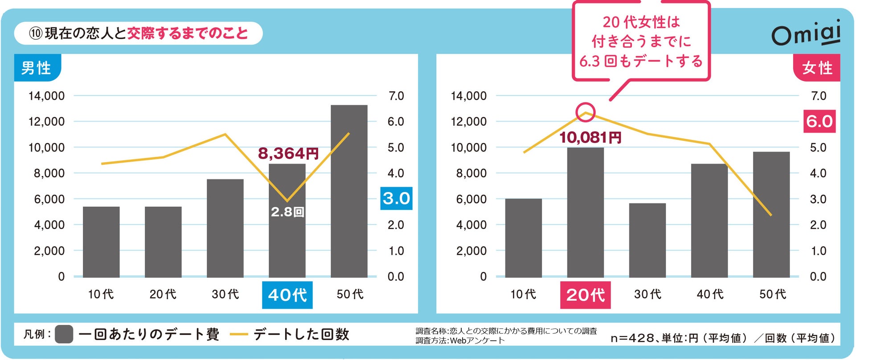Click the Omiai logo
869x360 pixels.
pyautogui.click(x=806, y=33)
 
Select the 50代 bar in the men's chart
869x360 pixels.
pyautogui.click(x=349, y=192)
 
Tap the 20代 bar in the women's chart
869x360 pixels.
pyautogui.click(x=585, y=213)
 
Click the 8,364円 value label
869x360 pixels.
pyautogui.click(x=288, y=154)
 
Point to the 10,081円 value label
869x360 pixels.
pyautogui.click(x=590, y=137)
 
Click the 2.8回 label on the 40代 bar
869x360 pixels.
pyautogui.click(x=287, y=212)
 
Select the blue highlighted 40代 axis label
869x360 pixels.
pyautogui.click(x=287, y=295)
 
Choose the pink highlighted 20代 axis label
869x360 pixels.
pyautogui.click(x=585, y=295)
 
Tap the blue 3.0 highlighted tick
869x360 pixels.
pyautogui.click(x=396, y=198)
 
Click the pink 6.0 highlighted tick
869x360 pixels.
pyautogui.click(x=819, y=121)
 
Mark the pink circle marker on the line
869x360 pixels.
pyautogui.click(x=585, y=112)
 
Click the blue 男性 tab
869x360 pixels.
pyautogui.click(x=37, y=68)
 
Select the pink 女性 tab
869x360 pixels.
pyautogui.click(x=817, y=68)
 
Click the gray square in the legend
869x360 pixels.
pyautogui.click(x=64, y=334)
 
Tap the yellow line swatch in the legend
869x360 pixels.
pyautogui.click(x=238, y=334)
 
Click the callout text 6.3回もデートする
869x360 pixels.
pyautogui.click(x=641, y=61)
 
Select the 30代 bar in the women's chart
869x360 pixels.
pyautogui.click(x=647, y=240)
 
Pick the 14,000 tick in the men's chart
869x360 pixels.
pyautogui.click(x=46, y=96)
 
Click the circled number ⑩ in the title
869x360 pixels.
pyautogui.click(x=36, y=33)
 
